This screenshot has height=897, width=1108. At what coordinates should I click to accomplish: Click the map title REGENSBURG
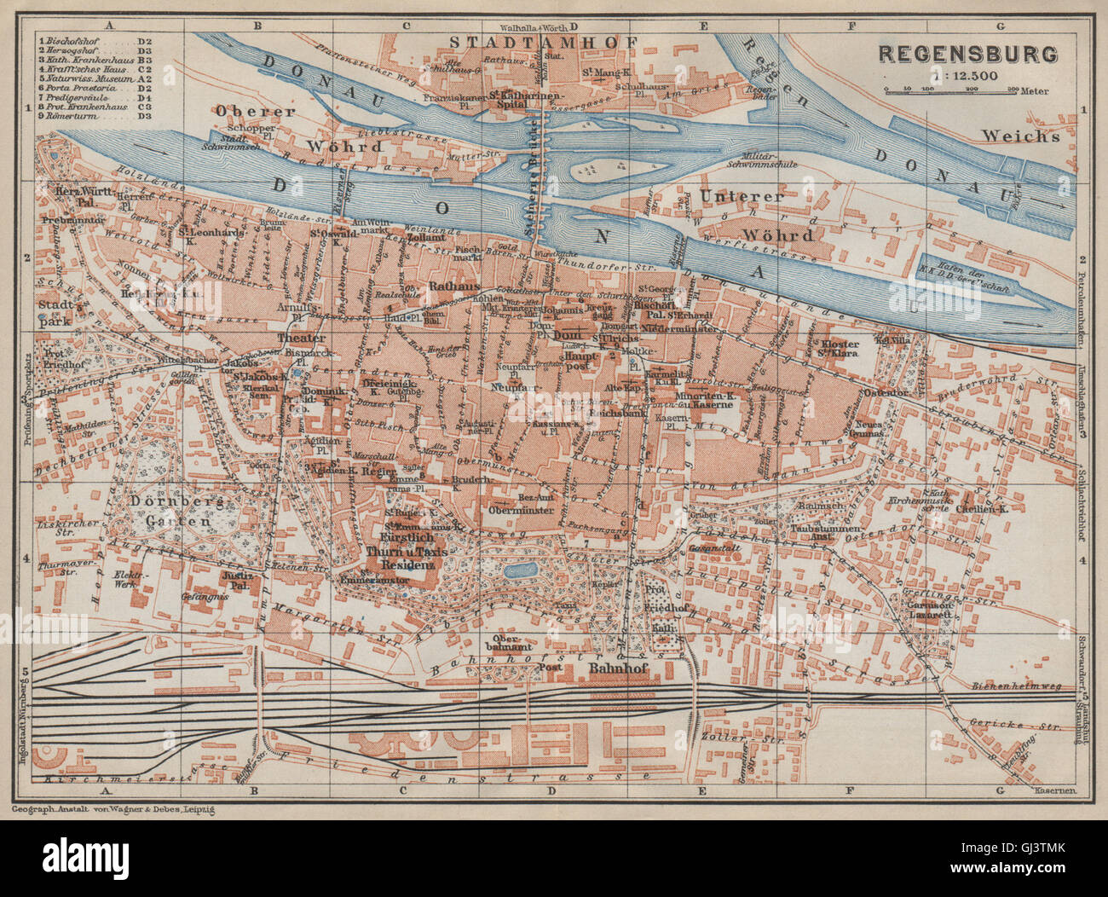(x=967, y=54)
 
